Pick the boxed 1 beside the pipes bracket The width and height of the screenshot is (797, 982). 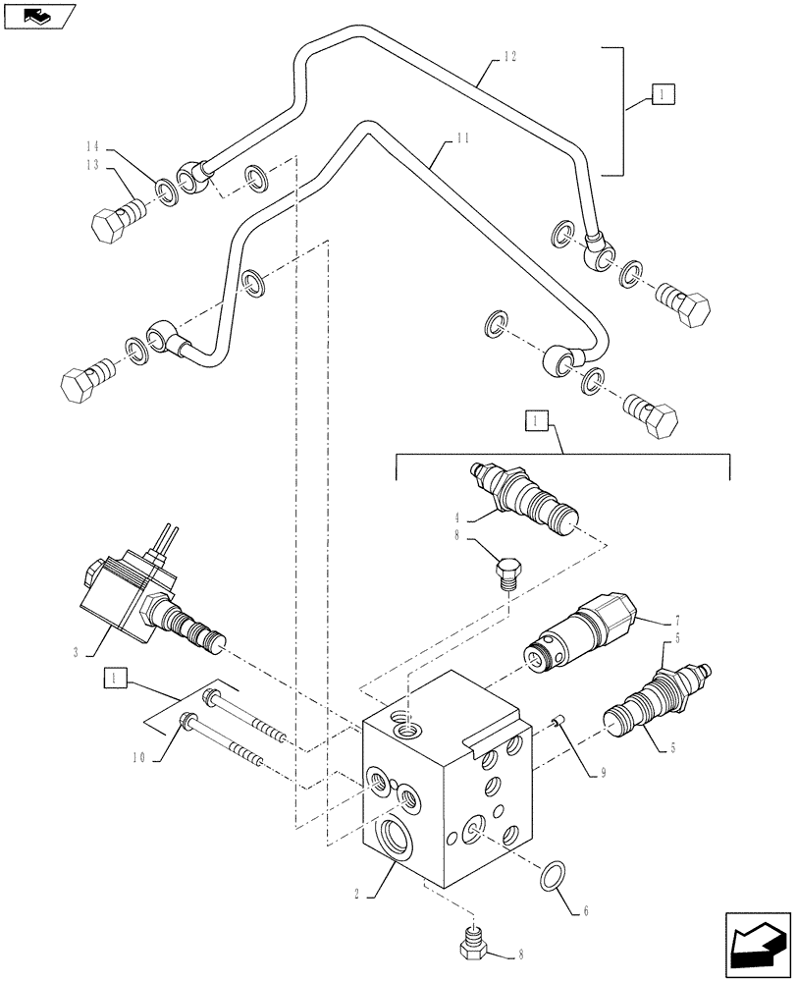click(663, 95)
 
